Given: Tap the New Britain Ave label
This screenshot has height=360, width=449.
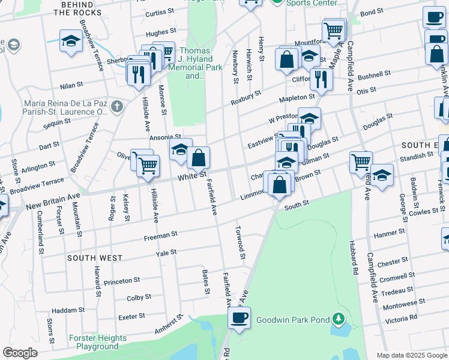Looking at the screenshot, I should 53,201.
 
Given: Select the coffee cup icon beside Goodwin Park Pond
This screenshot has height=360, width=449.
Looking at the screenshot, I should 239,318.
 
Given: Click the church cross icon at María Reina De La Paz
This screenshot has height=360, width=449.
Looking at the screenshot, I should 116,107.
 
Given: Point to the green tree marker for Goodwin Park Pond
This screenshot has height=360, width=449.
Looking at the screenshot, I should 340,319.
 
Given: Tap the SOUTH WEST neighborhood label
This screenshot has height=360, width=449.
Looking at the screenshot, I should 95,258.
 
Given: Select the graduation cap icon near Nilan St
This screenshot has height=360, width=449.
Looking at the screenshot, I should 71,41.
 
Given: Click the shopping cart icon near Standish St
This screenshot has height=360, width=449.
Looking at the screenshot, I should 361,161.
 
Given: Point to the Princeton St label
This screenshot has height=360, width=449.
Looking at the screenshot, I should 122,280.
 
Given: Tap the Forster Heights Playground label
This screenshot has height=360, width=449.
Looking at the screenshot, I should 97,342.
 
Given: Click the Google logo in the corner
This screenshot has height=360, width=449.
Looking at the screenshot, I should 20,353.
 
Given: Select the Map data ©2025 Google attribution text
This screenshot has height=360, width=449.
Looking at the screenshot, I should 412,355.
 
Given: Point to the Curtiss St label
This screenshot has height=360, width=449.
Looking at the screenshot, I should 159,13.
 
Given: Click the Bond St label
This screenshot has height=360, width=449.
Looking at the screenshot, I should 372,12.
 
